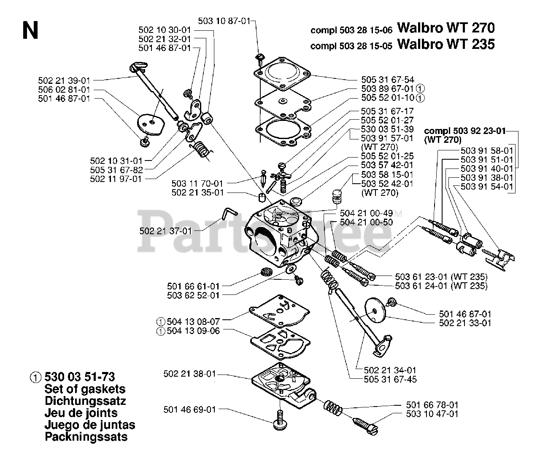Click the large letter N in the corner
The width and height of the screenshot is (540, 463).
[30, 30]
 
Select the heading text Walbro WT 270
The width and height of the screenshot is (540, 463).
[445, 28]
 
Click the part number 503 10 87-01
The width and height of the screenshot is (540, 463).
[230, 21]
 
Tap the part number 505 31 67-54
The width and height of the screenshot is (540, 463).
[387, 79]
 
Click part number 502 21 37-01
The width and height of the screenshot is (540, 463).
[165, 231]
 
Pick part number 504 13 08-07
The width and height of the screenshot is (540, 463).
[193, 321]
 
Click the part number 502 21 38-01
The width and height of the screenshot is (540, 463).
[189, 374]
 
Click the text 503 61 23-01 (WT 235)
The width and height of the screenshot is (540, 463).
[441, 277]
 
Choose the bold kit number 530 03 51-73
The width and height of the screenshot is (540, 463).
[79, 377]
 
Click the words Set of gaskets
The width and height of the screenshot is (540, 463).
[85, 389]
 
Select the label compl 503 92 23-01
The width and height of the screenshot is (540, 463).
[464, 131]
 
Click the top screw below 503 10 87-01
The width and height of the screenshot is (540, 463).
[260, 56]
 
